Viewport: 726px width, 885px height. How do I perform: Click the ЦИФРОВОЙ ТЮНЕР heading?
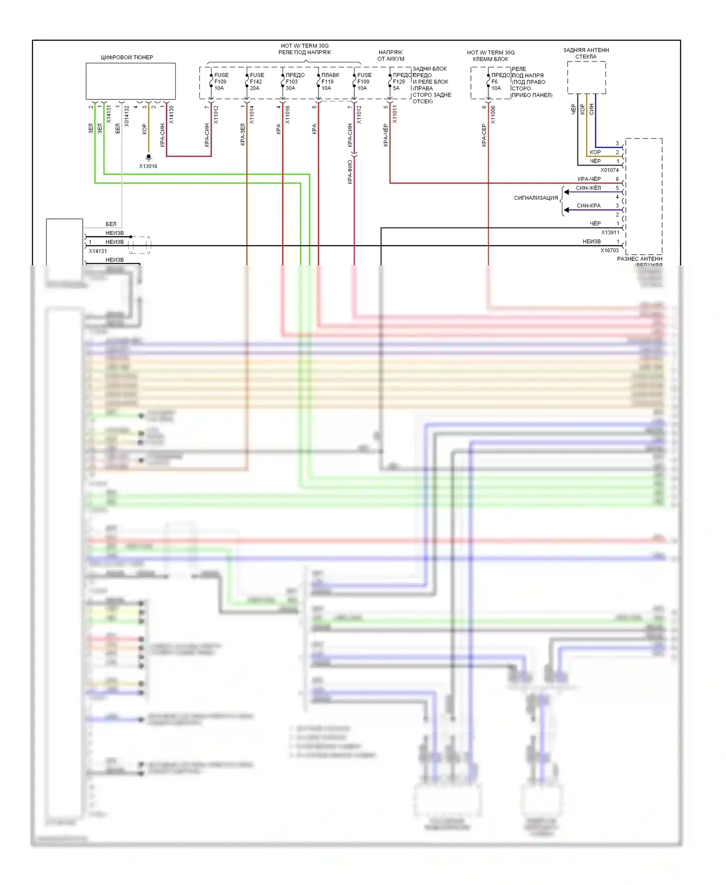pyautogui.click(x=127, y=57)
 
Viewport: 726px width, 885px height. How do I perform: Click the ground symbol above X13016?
pyautogui.click(x=149, y=157)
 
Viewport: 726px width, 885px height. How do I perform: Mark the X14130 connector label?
pyautogui.click(x=171, y=115)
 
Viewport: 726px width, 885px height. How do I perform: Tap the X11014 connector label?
pyautogui.click(x=252, y=115)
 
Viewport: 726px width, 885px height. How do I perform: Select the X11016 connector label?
pyautogui.click(x=287, y=115)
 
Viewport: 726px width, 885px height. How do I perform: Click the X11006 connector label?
pyautogui.click(x=493, y=115)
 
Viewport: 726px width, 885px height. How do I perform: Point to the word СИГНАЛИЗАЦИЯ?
pyautogui.click(x=536, y=198)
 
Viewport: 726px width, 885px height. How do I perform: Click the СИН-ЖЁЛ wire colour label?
pyautogui.click(x=588, y=188)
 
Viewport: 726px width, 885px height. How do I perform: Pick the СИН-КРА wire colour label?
pyautogui.click(x=588, y=206)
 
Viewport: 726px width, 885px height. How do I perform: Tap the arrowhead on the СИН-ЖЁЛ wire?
pyautogui.click(x=566, y=192)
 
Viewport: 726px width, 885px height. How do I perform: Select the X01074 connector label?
pyautogui.click(x=609, y=170)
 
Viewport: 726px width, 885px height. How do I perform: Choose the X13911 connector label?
pyautogui.click(x=610, y=232)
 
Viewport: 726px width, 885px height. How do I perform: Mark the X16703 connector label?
pyautogui.click(x=609, y=250)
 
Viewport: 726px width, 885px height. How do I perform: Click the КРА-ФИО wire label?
pyautogui.click(x=350, y=172)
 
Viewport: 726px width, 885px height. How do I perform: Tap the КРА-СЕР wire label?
pyautogui.click(x=484, y=135)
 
